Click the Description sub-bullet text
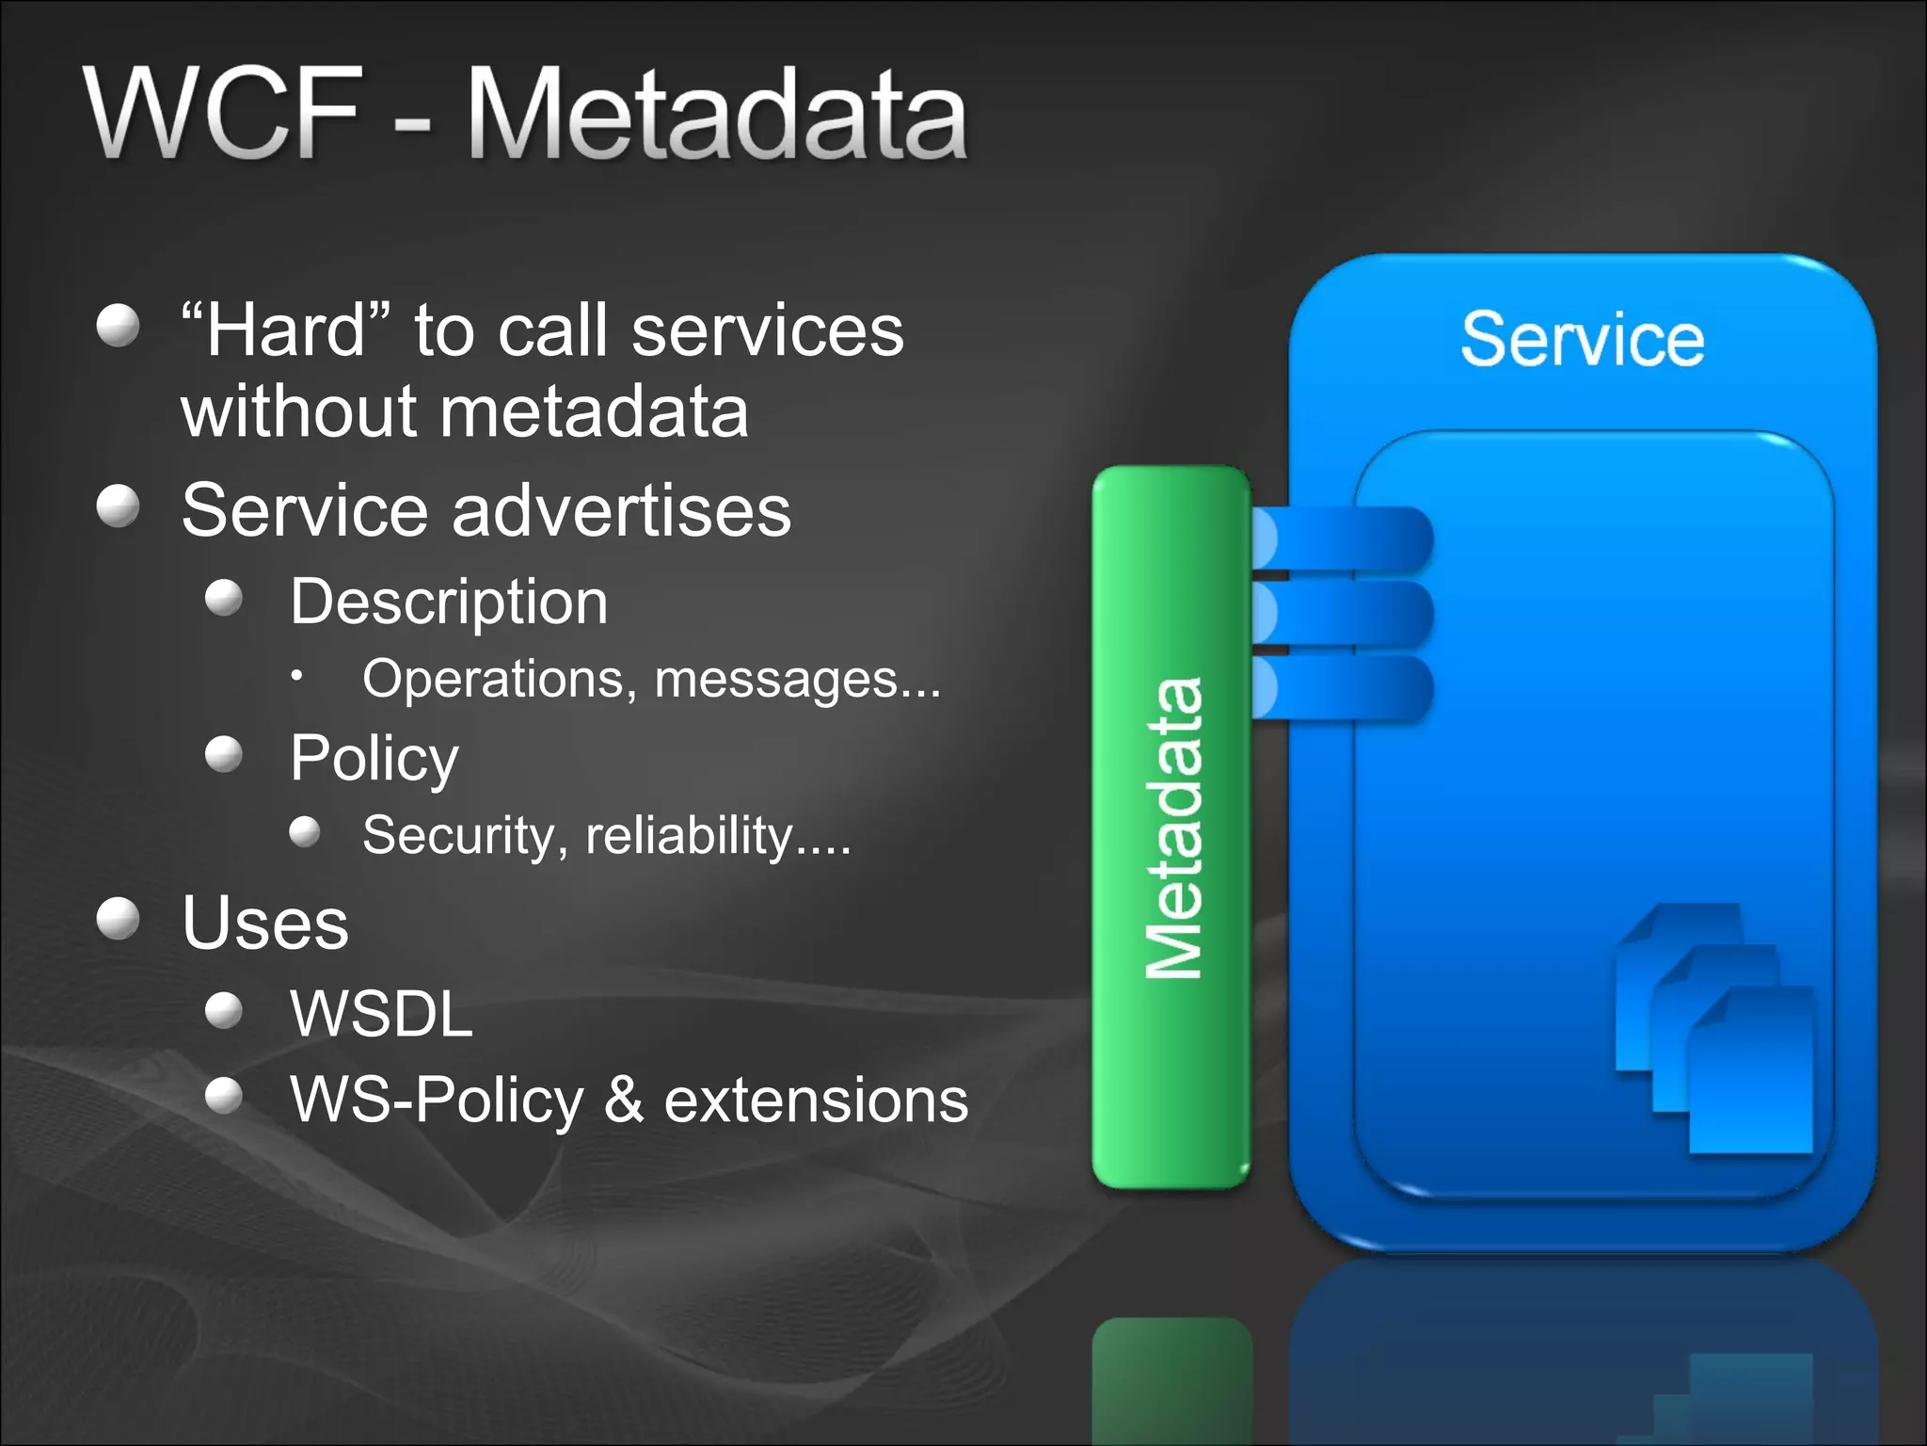(x=449, y=602)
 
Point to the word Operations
(x=498, y=679)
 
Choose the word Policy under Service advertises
(x=374, y=758)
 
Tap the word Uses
(x=265, y=923)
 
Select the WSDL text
(x=381, y=1014)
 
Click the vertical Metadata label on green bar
(x=1173, y=828)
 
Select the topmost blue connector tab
(x=1341, y=538)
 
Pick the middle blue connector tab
(x=1341, y=613)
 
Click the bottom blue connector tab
(x=1341, y=688)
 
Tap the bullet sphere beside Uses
(x=119, y=918)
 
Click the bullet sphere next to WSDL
(x=224, y=1010)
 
